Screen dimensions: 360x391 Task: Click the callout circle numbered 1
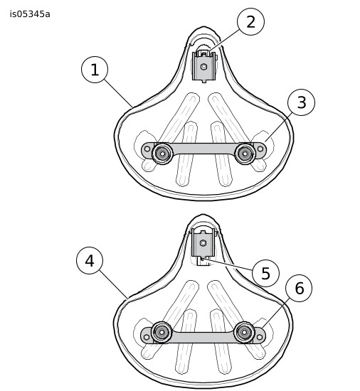(x=95, y=70)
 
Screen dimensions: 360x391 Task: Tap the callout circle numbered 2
(x=250, y=22)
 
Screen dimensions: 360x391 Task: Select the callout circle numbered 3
(x=301, y=102)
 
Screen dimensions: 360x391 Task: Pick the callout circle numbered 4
(x=90, y=261)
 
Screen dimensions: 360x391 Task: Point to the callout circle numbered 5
(x=265, y=273)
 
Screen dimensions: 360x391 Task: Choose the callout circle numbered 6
(x=299, y=288)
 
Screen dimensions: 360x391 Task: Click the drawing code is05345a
(x=30, y=14)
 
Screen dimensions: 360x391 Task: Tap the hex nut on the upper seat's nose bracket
(x=203, y=67)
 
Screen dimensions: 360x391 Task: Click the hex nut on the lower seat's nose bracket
(x=203, y=242)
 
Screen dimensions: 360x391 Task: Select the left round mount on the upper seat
(x=162, y=154)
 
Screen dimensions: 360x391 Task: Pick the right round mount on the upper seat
(x=245, y=154)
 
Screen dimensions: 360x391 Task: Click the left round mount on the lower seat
(x=162, y=332)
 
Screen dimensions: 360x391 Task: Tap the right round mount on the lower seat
(x=244, y=332)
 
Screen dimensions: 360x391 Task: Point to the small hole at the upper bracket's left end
(x=147, y=149)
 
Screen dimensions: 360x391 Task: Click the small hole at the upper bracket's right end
(x=260, y=149)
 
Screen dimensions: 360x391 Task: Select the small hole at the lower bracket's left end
(x=147, y=337)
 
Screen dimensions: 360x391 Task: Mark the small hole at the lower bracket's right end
(x=260, y=337)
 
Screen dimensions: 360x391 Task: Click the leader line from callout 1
(x=119, y=93)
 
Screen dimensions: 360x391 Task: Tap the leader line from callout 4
(x=114, y=284)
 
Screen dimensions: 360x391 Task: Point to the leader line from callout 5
(x=227, y=265)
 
